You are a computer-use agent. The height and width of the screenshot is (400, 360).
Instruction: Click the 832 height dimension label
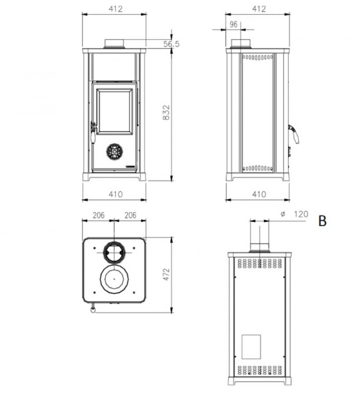[x=166, y=112]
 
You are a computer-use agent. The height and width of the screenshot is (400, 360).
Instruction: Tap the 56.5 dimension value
[x=171, y=44]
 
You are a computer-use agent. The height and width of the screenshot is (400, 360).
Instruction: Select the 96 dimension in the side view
[x=233, y=25]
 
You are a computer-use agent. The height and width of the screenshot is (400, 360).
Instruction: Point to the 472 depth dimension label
[x=167, y=274]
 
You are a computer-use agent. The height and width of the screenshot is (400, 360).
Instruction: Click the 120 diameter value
[x=301, y=214]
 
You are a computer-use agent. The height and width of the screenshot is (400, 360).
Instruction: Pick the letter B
[x=323, y=221]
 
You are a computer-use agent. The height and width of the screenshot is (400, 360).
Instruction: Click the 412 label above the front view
[x=115, y=9]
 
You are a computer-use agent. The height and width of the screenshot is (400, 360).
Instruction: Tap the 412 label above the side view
[x=259, y=9]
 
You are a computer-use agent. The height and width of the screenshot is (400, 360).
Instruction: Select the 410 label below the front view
[x=115, y=194]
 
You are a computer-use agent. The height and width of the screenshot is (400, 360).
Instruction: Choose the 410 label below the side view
[x=259, y=194]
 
